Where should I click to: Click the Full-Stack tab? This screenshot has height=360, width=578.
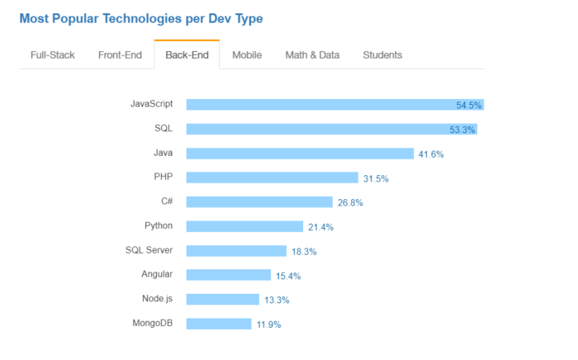[x=53, y=55]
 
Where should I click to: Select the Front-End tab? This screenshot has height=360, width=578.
[x=120, y=55]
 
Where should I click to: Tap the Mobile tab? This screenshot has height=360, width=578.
[x=247, y=55]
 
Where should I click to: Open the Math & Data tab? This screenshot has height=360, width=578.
[x=312, y=55]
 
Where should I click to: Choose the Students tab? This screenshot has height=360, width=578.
[x=382, y=55]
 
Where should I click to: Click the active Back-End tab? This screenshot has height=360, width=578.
[x=187, y=55]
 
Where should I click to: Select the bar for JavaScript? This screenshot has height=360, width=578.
[x=334, y=105]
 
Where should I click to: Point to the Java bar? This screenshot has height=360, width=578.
[x=300, y=154]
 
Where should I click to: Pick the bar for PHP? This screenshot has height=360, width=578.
[x=272, y=178]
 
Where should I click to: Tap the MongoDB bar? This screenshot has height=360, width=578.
[x=218, y=324]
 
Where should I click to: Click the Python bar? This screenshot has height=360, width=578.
[x=244, y=226]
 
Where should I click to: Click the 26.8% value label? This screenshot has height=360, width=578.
[x=349, y=202]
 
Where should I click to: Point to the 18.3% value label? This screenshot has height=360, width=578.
[x=303, y=251]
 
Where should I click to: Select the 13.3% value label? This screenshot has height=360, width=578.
[x=276, y=300]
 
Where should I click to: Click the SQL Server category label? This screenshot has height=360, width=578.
[x=149, y=249]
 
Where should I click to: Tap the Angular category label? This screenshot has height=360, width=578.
[x=157, y=274]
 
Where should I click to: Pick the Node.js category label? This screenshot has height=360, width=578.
[x=157, y=298]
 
